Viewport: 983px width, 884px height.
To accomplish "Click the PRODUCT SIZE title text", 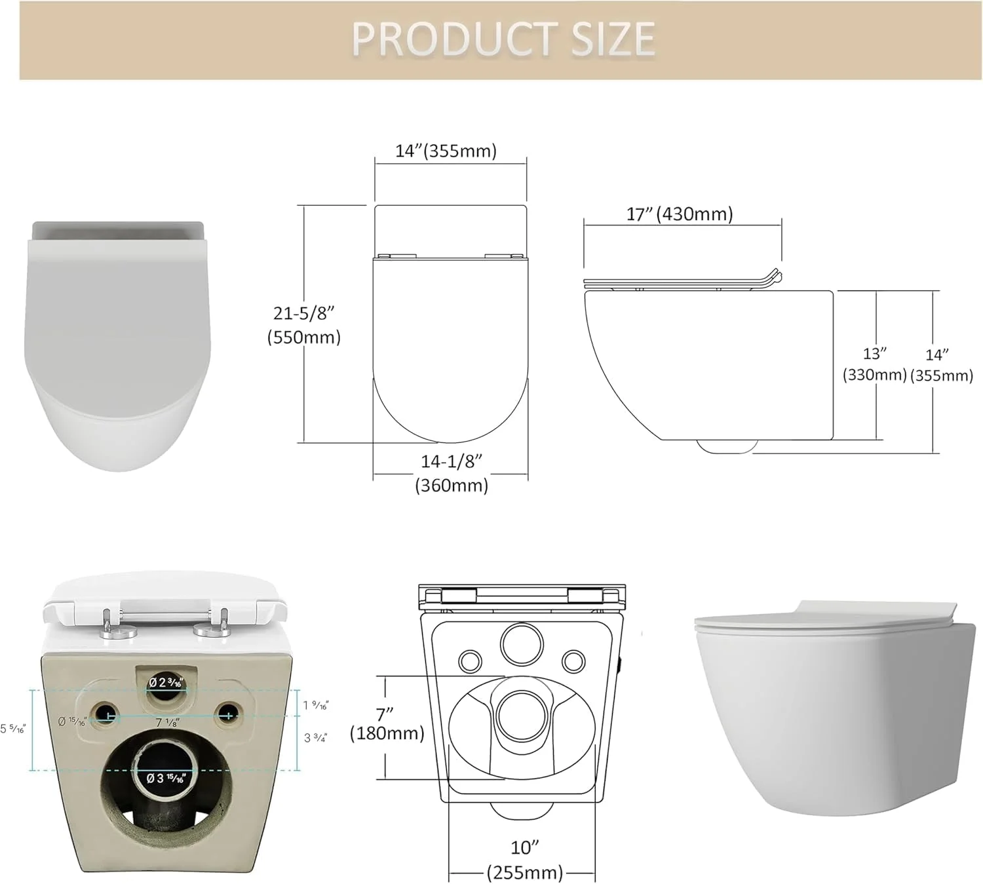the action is pos(503,39).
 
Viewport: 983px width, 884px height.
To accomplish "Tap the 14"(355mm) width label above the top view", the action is pos(446,151).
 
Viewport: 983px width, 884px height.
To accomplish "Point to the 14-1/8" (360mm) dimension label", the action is pos(452,473).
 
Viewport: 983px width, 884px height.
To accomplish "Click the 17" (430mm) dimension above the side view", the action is pos(680,214).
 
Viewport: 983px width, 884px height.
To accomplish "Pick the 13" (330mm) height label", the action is pos(874,364).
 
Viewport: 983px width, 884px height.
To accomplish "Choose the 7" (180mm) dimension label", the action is pos(387,723).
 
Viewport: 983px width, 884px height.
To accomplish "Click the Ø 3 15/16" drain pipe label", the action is pos(165,778).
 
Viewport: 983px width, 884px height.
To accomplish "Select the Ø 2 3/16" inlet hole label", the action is pos(165,682).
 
